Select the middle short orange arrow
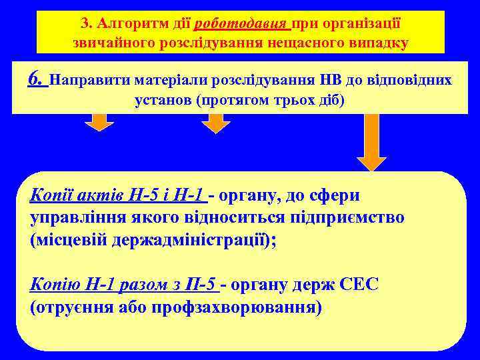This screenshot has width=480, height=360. pos(215,122)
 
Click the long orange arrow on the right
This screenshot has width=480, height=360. pos(371,141)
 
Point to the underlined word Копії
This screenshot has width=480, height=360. pos(51,195)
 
